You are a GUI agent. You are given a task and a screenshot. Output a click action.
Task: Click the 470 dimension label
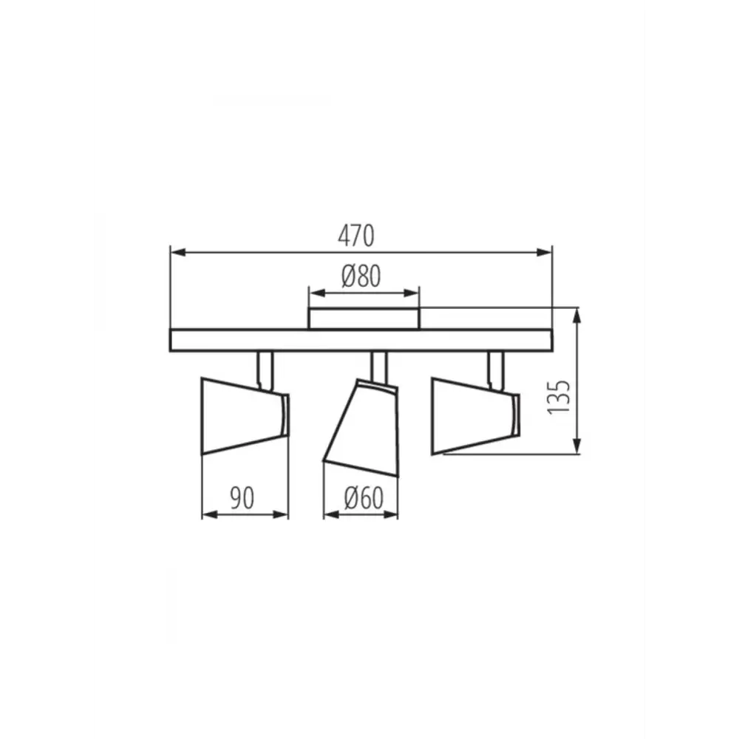356,236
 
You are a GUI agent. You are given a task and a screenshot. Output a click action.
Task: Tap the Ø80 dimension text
361,276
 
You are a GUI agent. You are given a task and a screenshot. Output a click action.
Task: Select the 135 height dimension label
559,397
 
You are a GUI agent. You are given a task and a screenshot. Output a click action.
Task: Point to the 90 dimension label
242,497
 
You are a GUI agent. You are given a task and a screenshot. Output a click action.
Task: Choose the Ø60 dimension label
364,497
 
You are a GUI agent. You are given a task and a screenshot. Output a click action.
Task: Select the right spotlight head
475,415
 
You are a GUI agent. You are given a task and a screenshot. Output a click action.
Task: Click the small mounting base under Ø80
364,319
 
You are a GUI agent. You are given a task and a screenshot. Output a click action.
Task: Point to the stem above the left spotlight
265,370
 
